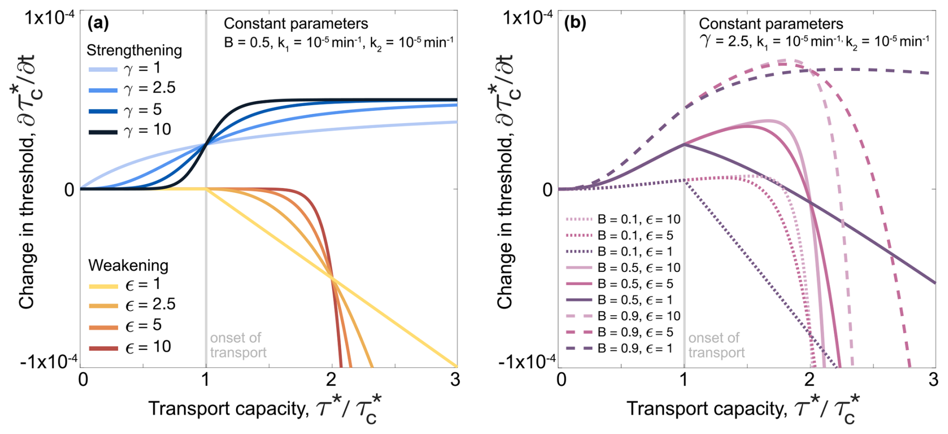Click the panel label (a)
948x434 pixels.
point(98,23)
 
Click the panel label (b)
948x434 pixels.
point(575,23)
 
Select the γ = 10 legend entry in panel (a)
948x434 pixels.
point(130,130)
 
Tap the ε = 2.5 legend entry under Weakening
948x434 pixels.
point(133,305)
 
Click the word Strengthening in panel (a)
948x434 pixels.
point(134,50)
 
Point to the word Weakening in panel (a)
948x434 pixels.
point(128,265)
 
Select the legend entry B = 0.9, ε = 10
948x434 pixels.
point(623,316)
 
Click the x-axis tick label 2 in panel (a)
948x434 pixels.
point(331,380)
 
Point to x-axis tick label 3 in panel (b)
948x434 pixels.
point(932,380)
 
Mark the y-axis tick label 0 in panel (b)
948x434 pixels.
point(548,190)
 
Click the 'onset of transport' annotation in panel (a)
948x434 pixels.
point(238,345)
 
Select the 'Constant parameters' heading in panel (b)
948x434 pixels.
point(771,24)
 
